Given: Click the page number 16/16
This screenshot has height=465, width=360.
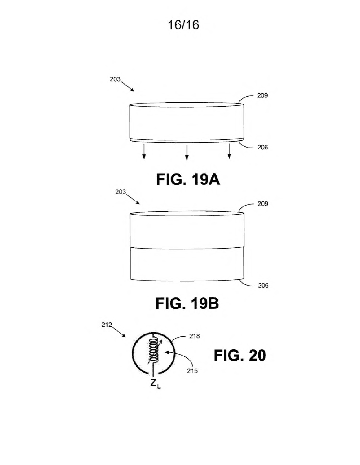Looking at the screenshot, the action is [x=183, y=25].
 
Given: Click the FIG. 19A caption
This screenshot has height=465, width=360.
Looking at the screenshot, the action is [x=188, y=180].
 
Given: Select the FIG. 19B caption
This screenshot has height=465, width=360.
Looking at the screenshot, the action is [x=187, y=304].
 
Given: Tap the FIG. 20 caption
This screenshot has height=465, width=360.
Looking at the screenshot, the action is [x=240, y=356].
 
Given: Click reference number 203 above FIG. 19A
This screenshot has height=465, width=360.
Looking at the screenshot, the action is [x=115, y=79].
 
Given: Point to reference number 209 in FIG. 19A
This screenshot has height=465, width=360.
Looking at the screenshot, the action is [x=262, y=95].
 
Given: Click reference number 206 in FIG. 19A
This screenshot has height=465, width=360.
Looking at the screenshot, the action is [x=262, y=147].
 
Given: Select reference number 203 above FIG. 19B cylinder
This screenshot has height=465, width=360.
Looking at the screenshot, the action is [x=121, y=192].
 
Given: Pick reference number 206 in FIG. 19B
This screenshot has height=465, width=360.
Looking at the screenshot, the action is [x=263, y=286].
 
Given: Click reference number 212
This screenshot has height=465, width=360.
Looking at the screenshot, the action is [x=107, y=325].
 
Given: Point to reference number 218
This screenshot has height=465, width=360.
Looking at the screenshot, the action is [x=194, y=336].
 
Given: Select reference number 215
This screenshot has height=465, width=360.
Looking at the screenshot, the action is [x=192, y=371].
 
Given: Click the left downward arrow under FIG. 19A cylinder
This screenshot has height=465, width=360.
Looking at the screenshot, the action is [x=144, y=152].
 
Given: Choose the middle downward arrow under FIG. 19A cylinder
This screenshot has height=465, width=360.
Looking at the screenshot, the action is [x=187, y=153].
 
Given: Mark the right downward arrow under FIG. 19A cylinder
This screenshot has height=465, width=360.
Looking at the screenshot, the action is [x=229, y=151].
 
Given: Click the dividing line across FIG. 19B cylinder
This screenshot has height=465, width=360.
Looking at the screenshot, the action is [x=187, y=248].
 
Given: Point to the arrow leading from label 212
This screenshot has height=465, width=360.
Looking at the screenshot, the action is [x=119, y=332].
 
